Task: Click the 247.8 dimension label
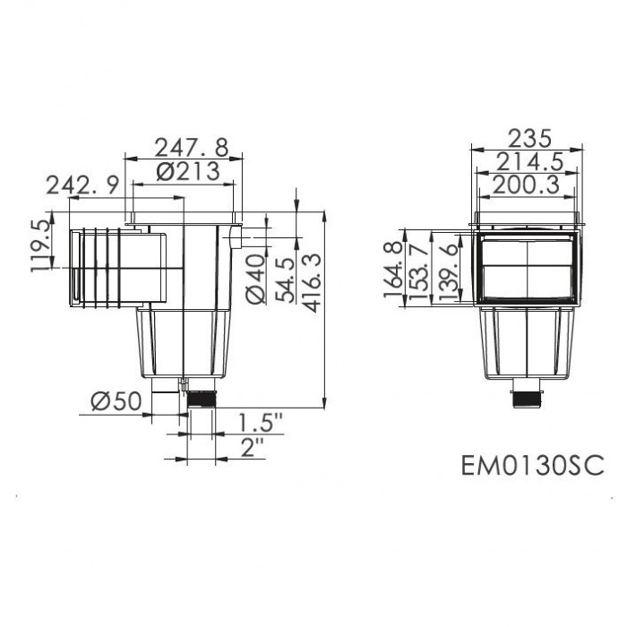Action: point(190,146)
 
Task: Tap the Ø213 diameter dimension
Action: point(189,173)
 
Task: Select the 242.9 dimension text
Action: point(82,185)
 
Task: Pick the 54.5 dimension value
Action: point(285,281)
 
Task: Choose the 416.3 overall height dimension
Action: point(312,281)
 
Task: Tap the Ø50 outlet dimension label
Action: point(116,402)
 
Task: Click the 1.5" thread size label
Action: point(261,420)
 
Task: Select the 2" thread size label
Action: point(253,447)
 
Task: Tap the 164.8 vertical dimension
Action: point(391,272)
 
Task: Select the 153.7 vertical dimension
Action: point(417,272)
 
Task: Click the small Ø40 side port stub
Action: point(236,238)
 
